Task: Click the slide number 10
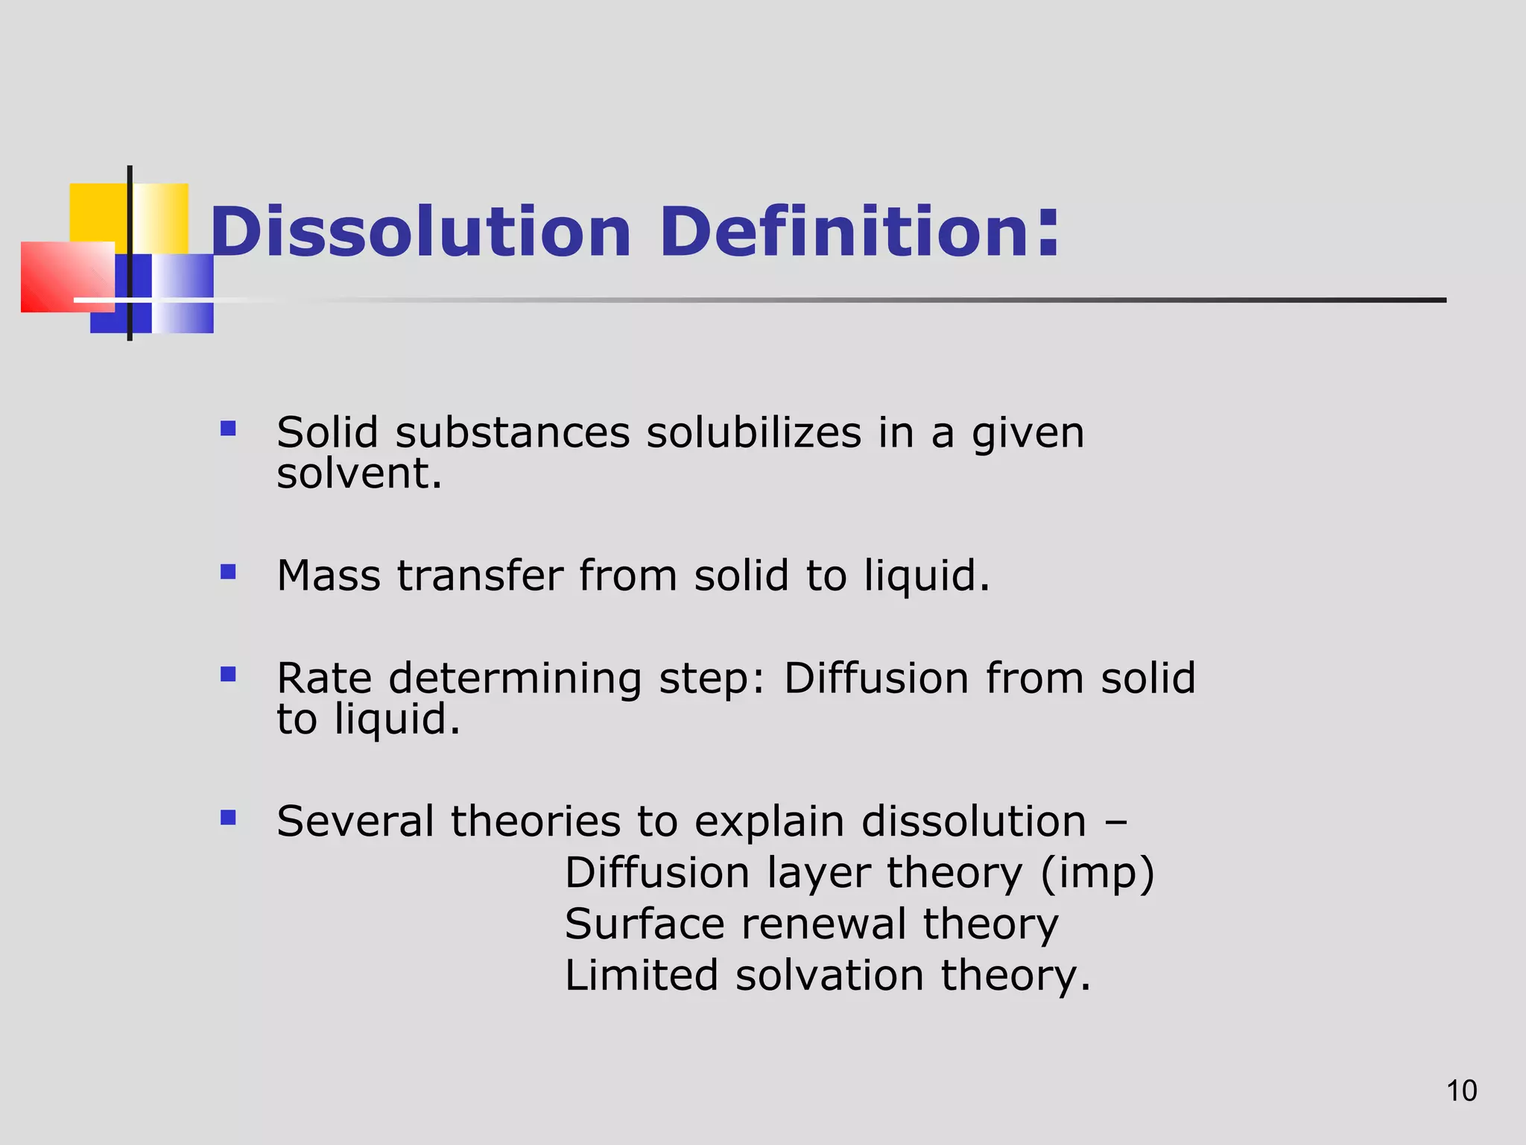(x=1461, y=1091)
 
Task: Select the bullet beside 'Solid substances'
(x=228, y=429)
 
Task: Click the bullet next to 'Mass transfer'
(x=228, y=572)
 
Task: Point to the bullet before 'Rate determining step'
(x=228, y=675)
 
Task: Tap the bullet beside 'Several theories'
(x=228, y=818)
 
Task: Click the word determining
(x=515, y=680)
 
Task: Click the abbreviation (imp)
(x=1097, y=874)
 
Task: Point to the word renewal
(x=823, y=924)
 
